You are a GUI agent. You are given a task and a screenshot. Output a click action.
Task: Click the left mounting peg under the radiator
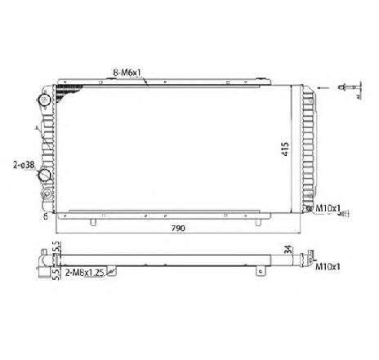95,221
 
